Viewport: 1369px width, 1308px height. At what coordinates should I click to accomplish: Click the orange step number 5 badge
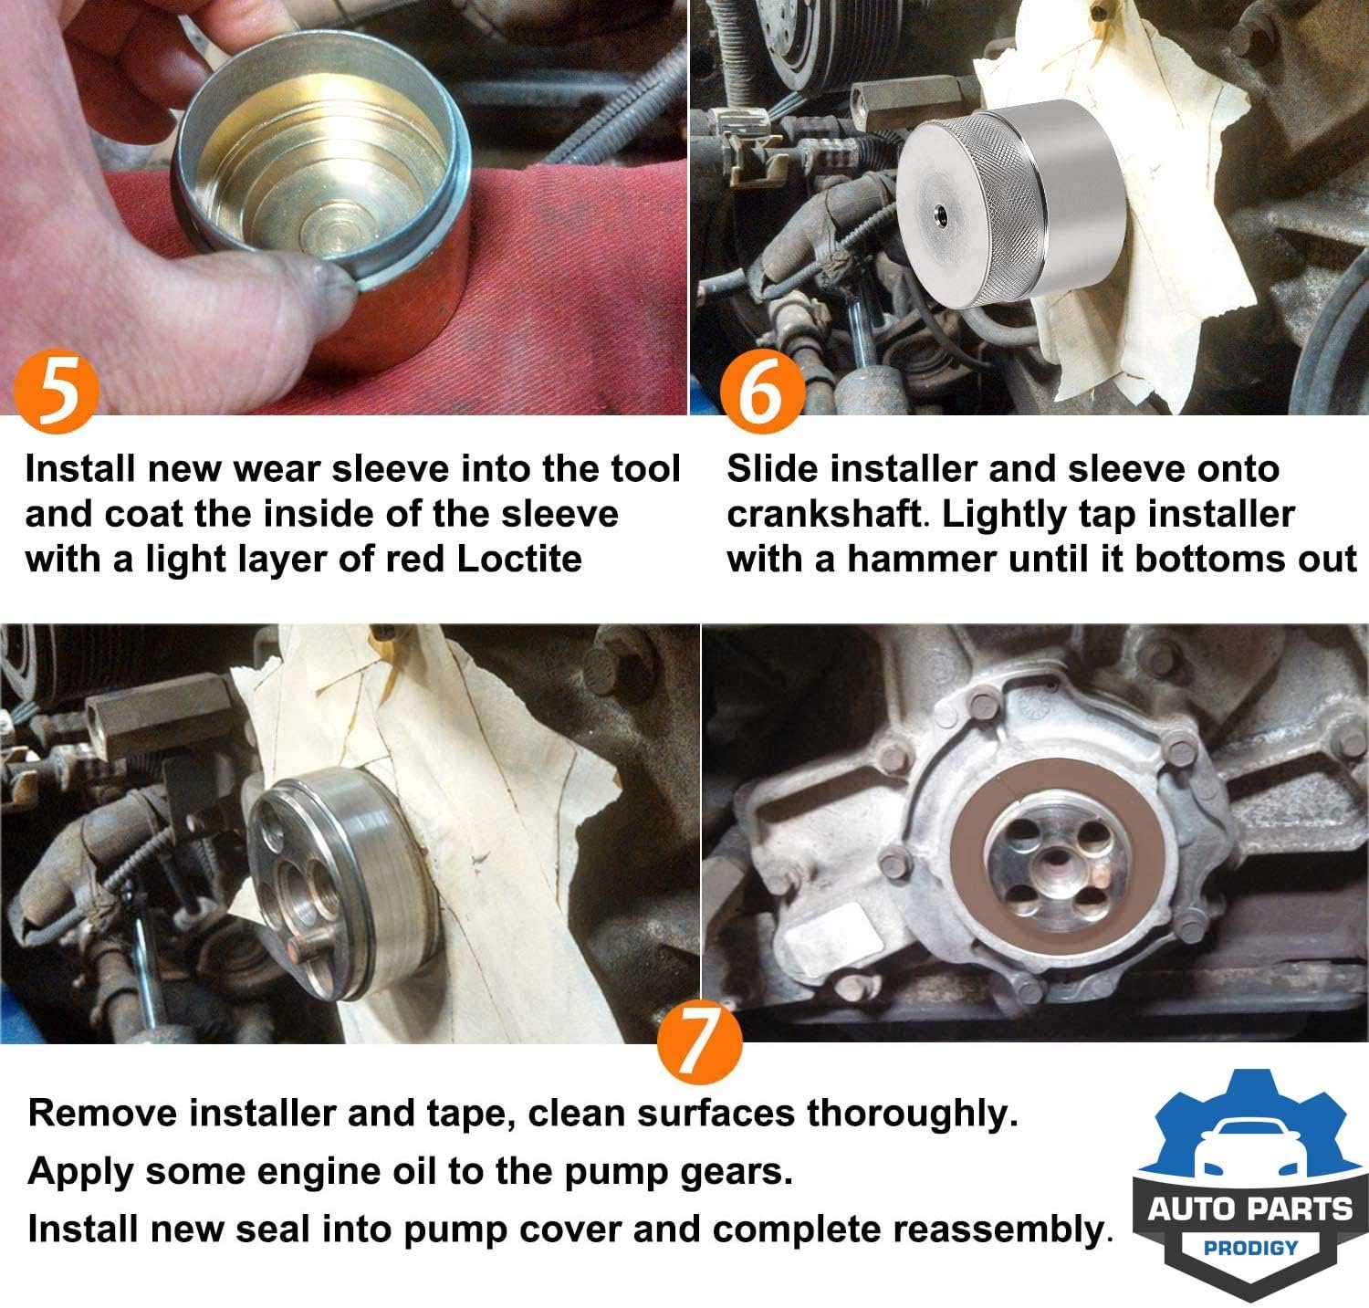(x=57, y=392)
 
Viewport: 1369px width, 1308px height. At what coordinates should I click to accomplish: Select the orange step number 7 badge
(x=698, y=1042)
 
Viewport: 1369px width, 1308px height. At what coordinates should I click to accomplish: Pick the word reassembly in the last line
(x=998, y=1230)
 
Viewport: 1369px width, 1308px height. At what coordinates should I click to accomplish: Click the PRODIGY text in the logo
(x=1250, y=1247)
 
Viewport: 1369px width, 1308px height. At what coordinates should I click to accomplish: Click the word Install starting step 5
(x=80, y=469)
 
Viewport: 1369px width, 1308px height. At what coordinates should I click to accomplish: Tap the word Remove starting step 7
(x=102, y=1113)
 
